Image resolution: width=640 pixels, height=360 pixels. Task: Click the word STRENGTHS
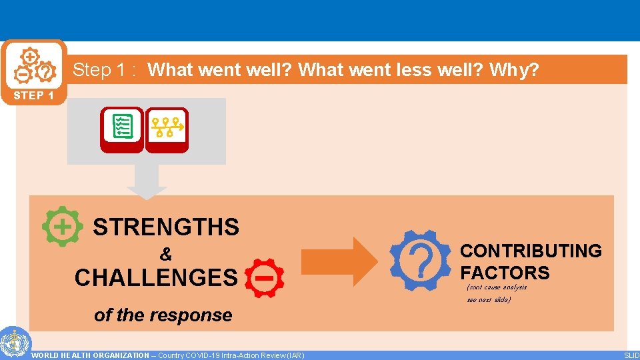(166, 227)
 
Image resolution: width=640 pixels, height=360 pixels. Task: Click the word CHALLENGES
(156, 277)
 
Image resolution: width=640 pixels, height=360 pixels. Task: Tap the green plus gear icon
(62, 227)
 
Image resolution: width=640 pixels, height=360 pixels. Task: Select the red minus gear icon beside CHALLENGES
(265, 277)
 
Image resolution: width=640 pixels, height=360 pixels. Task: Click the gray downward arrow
(147, 181)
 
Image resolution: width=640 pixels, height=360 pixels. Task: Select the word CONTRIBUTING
(531, 251)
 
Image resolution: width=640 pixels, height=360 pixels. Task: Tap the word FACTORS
(505, 273)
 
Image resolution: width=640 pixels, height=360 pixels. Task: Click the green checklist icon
(122, 127)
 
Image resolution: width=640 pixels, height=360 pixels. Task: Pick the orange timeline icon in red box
(167, 127)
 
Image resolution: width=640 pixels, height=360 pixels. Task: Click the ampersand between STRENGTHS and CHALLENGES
(165, 255)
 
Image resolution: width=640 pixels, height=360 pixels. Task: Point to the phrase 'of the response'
(163, 315)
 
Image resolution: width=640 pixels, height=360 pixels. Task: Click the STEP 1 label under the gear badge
(33, 95)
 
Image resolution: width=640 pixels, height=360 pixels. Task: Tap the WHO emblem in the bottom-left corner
(13, 343)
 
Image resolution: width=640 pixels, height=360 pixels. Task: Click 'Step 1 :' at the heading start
(104, 70)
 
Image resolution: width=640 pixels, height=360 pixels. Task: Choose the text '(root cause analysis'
(497, 287)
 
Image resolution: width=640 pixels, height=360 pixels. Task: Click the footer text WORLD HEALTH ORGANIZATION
(90, 355)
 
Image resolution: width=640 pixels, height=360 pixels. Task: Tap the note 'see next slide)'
(489, 300)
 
